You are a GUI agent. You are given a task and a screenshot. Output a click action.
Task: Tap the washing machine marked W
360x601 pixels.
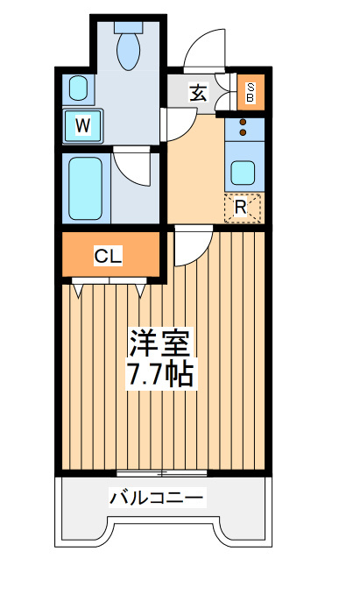click(x=83, y=126)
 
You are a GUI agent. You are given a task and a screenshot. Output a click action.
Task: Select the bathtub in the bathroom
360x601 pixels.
click(x=85, y=188)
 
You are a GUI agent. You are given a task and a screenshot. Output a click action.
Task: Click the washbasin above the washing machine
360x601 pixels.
click(x=79, y=88)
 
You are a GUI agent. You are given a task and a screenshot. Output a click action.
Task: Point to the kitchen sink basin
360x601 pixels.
click(x=243, y=173)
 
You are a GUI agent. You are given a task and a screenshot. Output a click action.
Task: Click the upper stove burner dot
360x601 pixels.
click(x=243, y=123)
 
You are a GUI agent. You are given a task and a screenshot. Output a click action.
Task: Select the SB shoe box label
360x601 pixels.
click(x=250, y=92)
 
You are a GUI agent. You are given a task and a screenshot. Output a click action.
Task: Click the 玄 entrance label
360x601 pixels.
click(x=198, y=93)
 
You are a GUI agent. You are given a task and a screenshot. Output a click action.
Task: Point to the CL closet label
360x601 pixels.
click(x=108, y=256)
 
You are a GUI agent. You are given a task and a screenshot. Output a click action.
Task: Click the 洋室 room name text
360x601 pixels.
click(x=160, y=343)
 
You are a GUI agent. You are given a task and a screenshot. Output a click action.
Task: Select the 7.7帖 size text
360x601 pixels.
click(x=160, y=373)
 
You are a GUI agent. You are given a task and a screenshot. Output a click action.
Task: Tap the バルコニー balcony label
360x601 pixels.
click(x=156, y=497)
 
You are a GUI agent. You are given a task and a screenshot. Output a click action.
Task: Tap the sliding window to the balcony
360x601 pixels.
click(x=161, y=473)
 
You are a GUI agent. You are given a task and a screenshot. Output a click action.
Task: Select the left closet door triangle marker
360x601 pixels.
click(x=78, y=291)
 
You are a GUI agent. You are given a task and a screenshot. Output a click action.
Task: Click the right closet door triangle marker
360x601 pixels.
click(x=139, y=291)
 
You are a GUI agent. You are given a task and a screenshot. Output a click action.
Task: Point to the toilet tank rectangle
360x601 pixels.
click(x=129, y=27)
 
